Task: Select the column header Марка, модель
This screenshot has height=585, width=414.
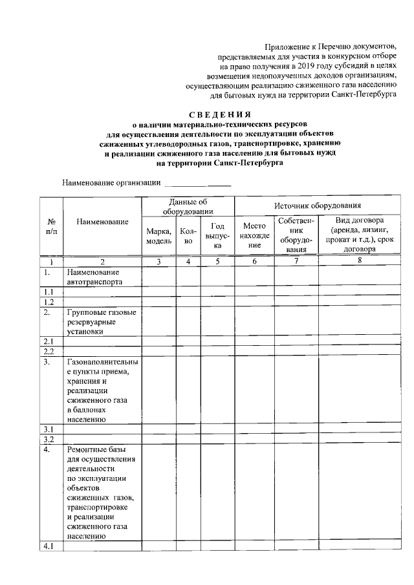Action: [158, 235]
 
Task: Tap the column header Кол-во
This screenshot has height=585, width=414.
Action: [188, 235]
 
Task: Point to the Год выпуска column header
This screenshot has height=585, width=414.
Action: [217, 235]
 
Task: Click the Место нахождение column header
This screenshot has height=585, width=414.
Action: [254, 235]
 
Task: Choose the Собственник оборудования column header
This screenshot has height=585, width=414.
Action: [296, 235]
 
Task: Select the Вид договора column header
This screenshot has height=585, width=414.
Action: [359, 234]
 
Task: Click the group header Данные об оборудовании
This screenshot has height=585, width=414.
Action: [188, 207]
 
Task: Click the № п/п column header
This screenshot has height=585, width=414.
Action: [50, 226]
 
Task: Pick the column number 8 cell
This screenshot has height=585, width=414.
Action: [358, 261]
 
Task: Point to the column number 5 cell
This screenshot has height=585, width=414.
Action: [217, 262]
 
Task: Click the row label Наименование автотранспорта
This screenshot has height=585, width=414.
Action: [92, 277]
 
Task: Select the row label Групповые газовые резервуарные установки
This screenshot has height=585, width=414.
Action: [100, 321]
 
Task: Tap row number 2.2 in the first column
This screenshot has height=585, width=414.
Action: [49, 351]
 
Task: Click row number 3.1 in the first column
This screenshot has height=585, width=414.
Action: [49, 429]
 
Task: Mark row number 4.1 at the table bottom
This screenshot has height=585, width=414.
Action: [49, 546]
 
